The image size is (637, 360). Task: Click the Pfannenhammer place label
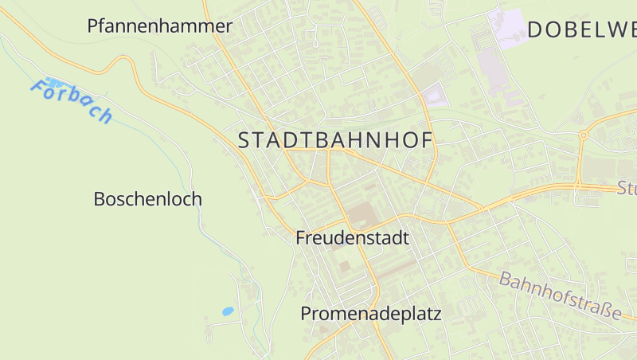coord(159,26)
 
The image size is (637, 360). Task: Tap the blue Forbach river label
coord(72,101)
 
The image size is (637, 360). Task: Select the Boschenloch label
coord(147,199)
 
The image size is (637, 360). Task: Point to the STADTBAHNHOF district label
coord(335,141)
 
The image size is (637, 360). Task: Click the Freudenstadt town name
coord(352,238)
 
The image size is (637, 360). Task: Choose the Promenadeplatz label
coord(370,314)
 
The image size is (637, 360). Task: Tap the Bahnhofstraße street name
coord(560,295)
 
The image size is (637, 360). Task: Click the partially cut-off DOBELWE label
coord(581,30)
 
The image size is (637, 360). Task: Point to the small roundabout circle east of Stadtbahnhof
coord(583,135)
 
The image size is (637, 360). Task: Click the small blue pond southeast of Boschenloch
coord(228,311)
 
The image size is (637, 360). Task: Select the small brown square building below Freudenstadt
coord(344,266)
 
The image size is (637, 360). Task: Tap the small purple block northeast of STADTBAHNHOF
coord(435,96)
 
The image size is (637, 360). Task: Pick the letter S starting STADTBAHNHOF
coord(244,141)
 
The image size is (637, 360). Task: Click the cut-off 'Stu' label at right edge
coord(627,189)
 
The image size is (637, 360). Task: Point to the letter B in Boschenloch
coord(100,199)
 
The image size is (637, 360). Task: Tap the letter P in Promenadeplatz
coord(307,314)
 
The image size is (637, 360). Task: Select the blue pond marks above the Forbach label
coord(53,81)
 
